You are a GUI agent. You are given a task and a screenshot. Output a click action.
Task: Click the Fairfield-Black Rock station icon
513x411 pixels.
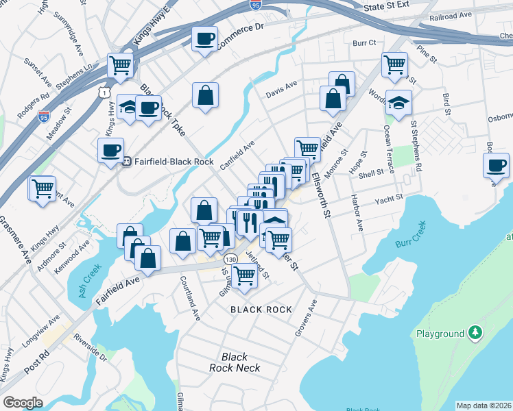tap(126, 162)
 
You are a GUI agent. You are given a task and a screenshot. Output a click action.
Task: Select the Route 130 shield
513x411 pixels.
tap(230, 260)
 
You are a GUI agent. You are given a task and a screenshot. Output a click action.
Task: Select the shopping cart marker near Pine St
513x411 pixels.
tap(394, 65)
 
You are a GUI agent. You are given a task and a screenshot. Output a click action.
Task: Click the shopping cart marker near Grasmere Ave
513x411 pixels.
tap(42, 188)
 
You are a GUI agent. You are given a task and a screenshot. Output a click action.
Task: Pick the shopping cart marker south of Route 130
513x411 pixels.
tap(243, 275)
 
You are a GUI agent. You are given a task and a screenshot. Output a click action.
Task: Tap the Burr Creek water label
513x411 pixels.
tap(411, 234)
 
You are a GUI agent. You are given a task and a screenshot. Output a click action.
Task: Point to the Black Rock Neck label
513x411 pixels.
tap(235, 362)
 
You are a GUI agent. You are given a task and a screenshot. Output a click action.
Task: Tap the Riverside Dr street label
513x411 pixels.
tap(91, 347)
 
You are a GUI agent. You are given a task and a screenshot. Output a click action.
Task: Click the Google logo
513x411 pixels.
tap(23, 402)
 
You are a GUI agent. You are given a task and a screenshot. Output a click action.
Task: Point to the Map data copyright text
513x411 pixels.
tap(484, 406)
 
